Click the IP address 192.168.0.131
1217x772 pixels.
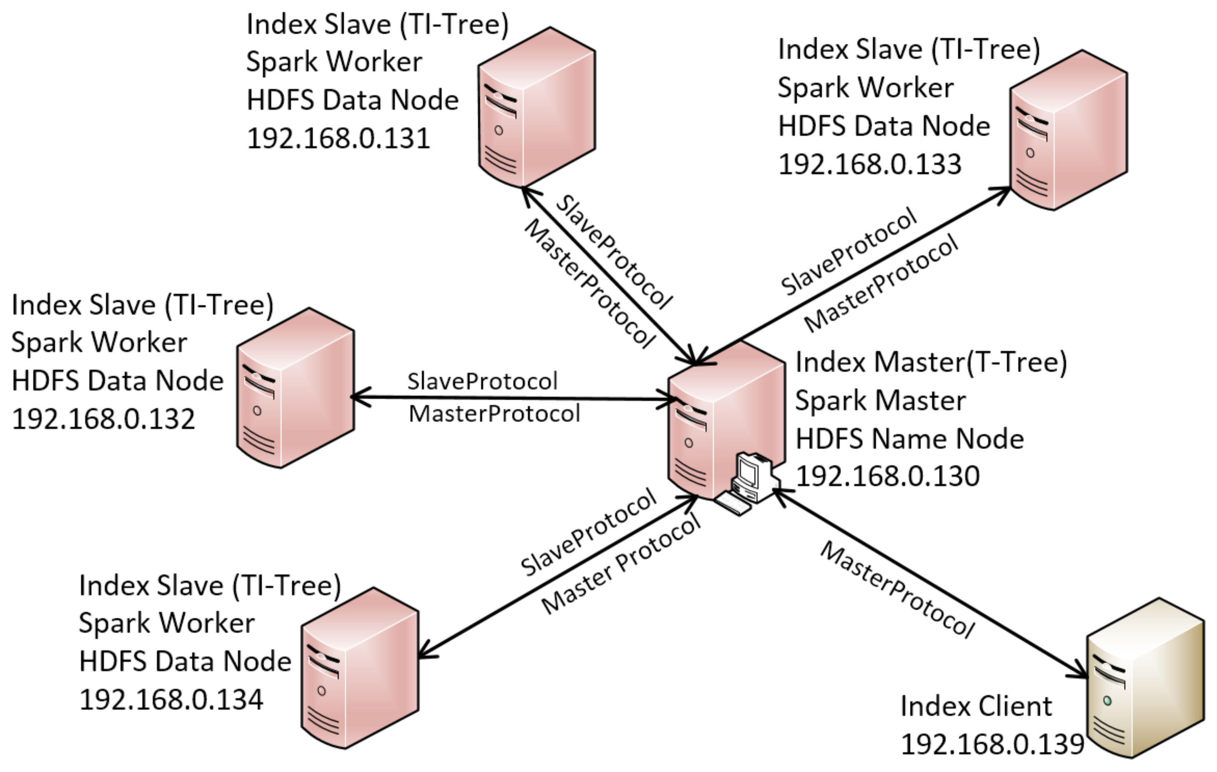point(338,138)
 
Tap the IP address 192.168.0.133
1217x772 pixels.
point(869,164)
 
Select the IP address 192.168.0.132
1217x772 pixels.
point(103,419)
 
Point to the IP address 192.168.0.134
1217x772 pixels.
point(171,700)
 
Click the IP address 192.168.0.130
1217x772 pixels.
point(887,476)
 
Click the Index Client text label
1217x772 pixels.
point(975,706)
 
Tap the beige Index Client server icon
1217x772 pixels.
point(1145,677)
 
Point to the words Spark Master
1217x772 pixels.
point(880,401)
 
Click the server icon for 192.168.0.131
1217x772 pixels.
point(537,107)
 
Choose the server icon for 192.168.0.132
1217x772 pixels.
point(295,388)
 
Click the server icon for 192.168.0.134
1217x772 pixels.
point(360,668)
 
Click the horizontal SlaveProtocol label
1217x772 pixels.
point(482,381)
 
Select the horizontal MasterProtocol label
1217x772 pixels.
point(494,414)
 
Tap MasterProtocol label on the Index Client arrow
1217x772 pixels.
point(897,590)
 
